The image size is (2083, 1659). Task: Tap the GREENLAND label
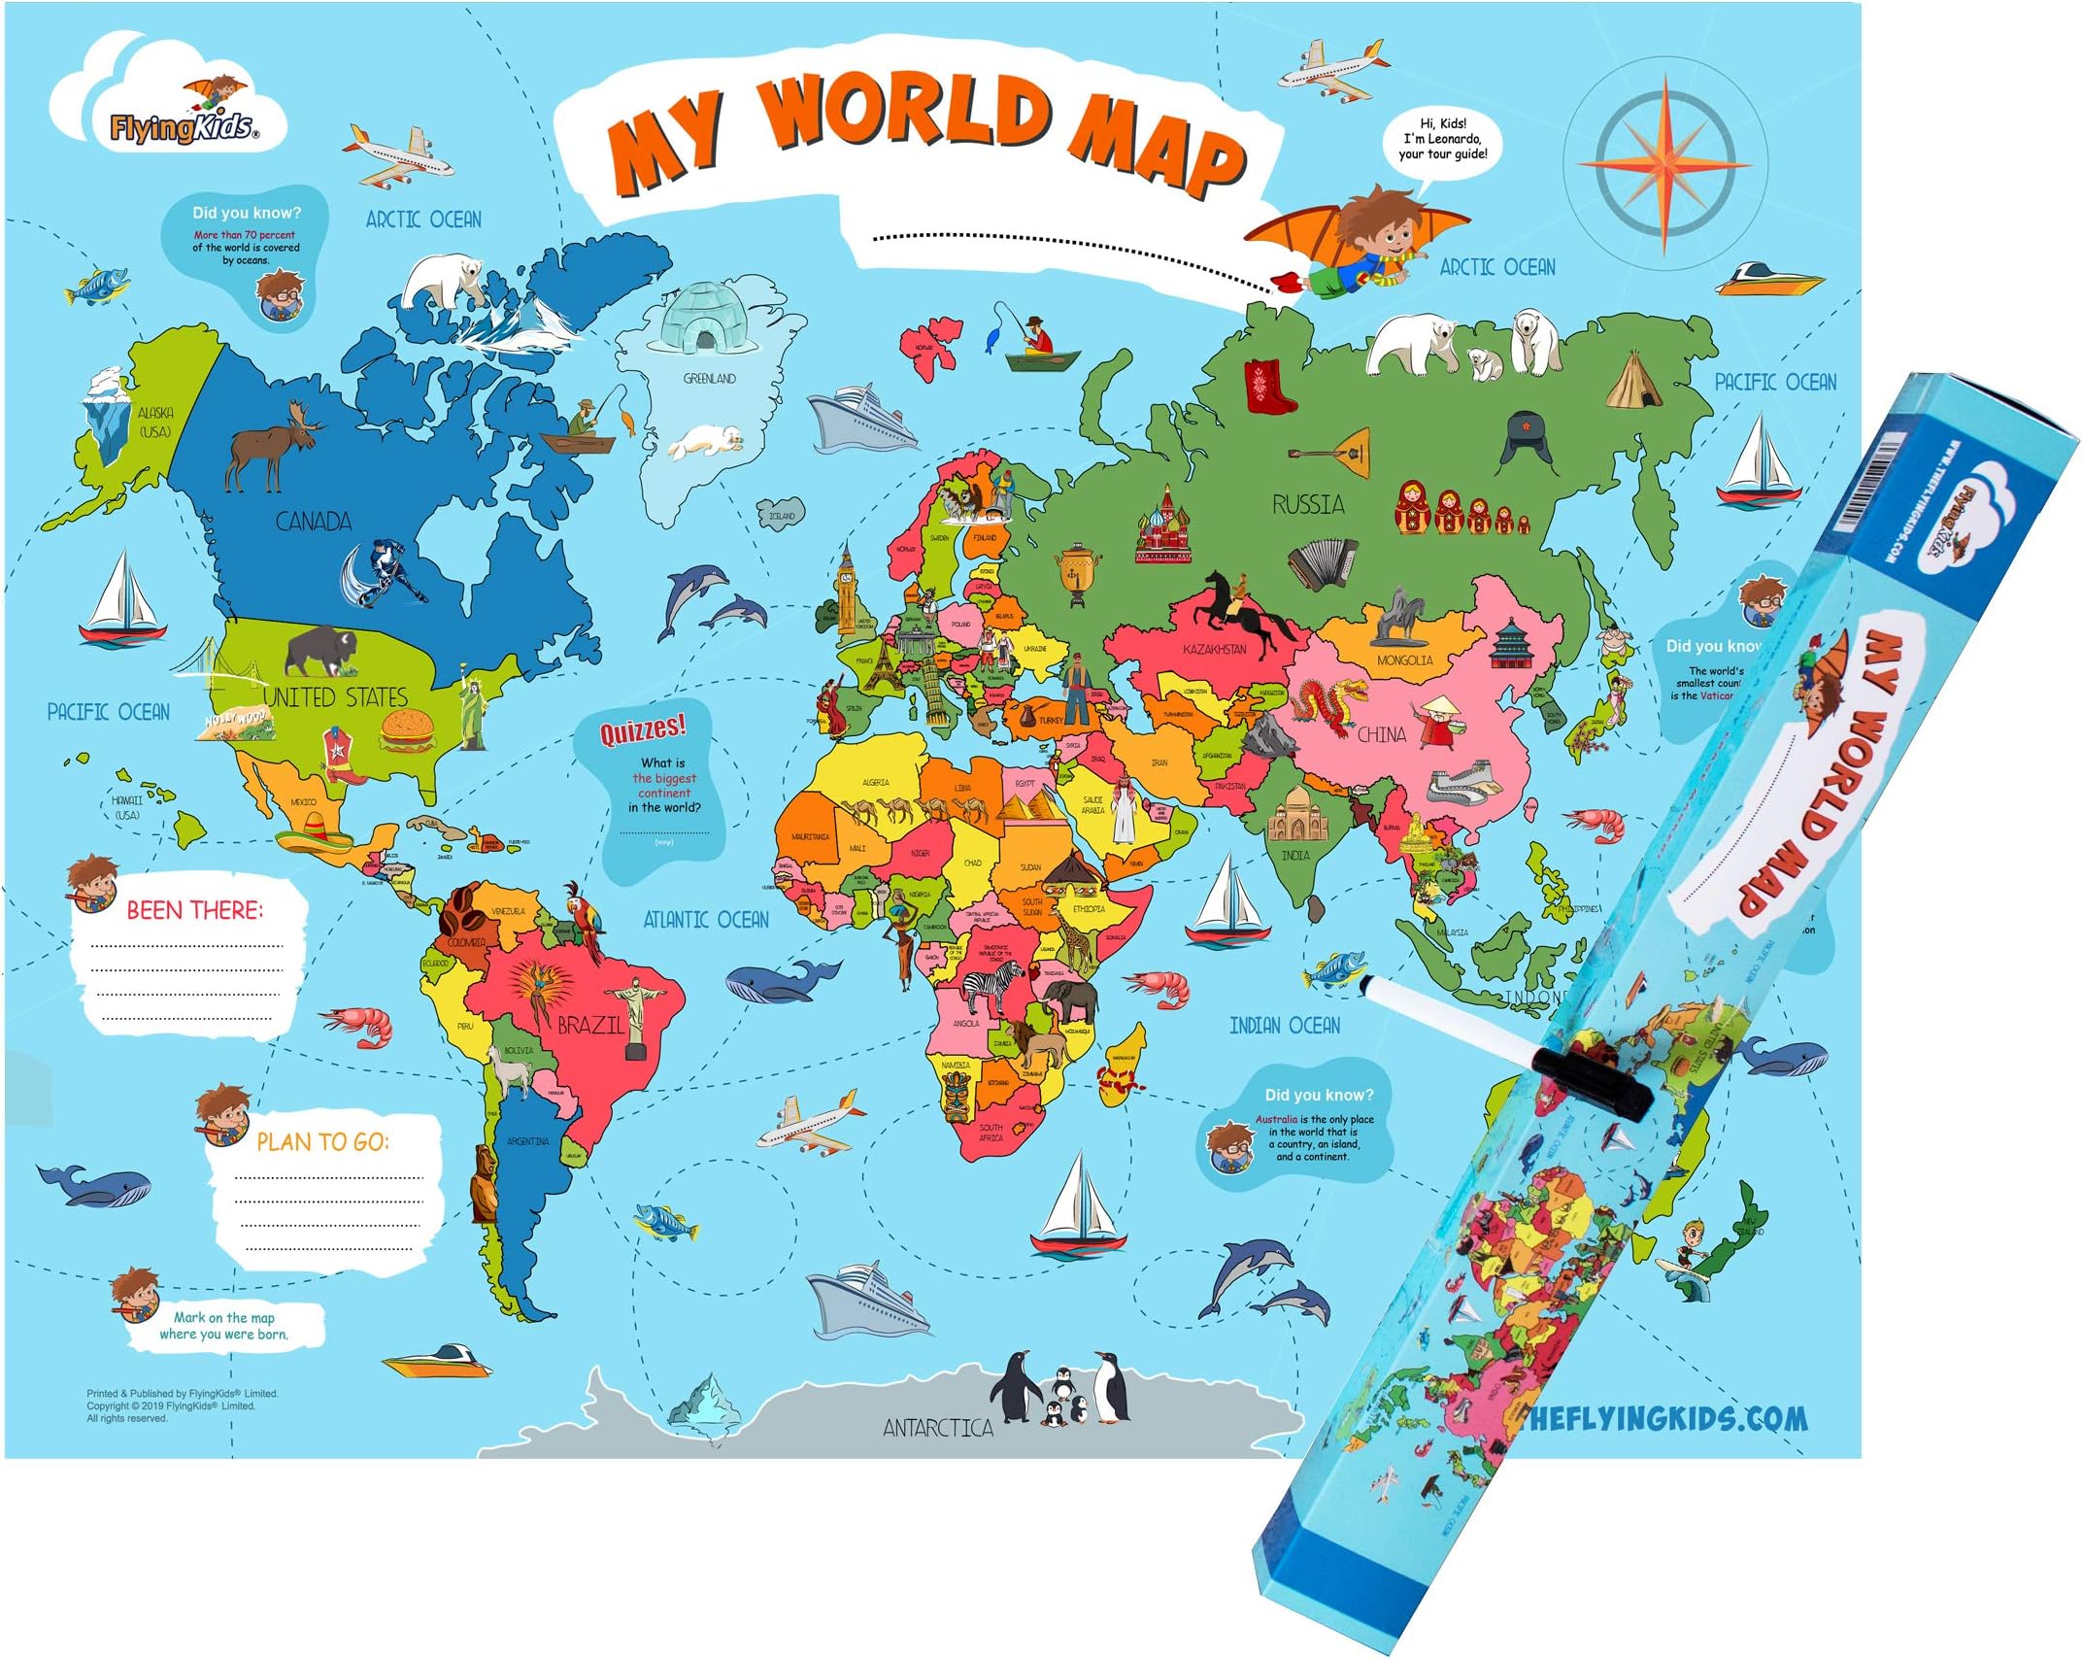point(709,378)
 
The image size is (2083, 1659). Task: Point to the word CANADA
point(313,522)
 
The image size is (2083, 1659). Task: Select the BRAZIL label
point(589,1025)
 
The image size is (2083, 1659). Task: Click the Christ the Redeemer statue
point(636,1014)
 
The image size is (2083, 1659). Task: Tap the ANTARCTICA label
point(937,1427)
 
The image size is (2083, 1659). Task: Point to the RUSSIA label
point(1308,504)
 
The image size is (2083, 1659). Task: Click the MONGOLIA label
point(1404,660)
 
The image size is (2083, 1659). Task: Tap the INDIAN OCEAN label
point(1284,1026)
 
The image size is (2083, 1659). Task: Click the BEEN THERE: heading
point(194,910)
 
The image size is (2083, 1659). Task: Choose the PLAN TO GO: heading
point(322,1141)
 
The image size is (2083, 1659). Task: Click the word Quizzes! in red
point(642,728)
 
